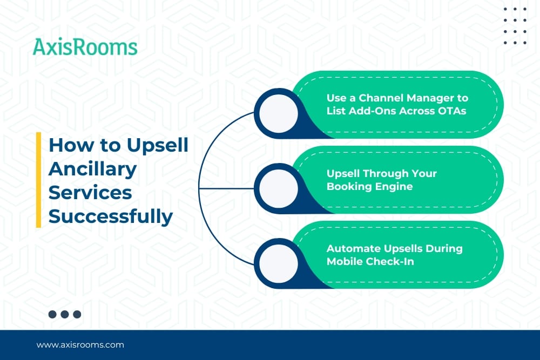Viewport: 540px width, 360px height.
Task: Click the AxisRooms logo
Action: point(85,47)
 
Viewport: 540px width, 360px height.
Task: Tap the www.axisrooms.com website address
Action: point(80,345)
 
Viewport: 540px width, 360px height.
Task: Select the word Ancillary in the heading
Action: point(93,169)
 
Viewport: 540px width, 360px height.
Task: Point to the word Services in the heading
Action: point(90,192)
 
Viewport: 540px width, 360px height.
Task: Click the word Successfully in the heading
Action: point(111,217)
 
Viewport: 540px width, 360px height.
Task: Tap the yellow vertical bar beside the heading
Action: point(38,180)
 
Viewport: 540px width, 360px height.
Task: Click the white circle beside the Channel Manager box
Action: point(278,113)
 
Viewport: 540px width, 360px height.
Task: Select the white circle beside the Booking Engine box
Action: point(278,188)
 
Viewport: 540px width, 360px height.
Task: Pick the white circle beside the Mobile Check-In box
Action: point(278,263)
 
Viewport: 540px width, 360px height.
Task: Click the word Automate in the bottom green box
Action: point(354,248)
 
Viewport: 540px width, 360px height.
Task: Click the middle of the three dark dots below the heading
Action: point(65,314)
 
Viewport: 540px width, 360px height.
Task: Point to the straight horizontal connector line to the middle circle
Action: point(226,188)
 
